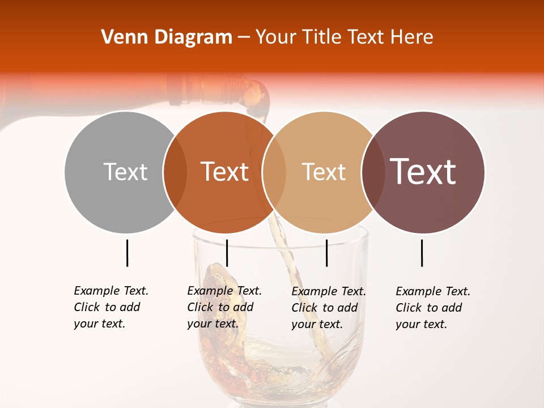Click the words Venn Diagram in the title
coord(167,37)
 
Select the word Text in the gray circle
coord(125,172)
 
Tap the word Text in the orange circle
coord(225,172)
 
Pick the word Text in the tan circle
coord(324,172)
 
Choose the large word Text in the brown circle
coord(423,172)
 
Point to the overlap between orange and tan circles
coord(274,172)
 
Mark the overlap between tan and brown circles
coord(373,172)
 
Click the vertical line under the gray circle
coord(127,253)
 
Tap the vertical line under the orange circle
coord(227,253)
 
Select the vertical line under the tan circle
coord(326,253)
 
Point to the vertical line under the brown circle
coord(422,253)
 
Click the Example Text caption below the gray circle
coord(111,307)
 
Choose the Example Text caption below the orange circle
coord(224,307)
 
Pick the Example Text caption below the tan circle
coord(329,308)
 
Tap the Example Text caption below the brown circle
coord(433,308)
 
